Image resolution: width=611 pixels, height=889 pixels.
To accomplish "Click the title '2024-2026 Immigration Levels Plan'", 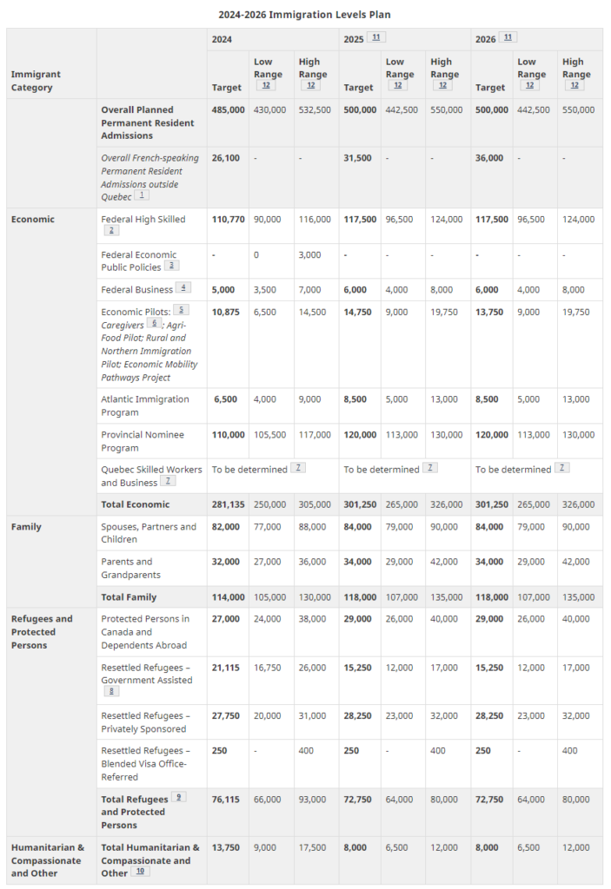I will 304,15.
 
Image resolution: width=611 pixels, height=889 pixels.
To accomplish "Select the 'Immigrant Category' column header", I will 36,81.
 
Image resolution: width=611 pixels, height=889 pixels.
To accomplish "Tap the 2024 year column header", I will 223,40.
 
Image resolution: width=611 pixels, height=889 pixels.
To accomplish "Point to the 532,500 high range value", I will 315,110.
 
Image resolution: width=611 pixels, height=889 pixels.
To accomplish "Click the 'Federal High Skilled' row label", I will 143,220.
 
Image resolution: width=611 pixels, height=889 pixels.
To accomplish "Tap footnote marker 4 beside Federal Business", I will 183,287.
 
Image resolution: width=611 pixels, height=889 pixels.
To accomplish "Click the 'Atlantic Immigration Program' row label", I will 145,405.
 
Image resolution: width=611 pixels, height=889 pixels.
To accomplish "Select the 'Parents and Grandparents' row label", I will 131,568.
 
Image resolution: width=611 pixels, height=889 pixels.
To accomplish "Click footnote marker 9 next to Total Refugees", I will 179,796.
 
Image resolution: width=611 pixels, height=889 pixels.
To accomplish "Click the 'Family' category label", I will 25,527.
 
